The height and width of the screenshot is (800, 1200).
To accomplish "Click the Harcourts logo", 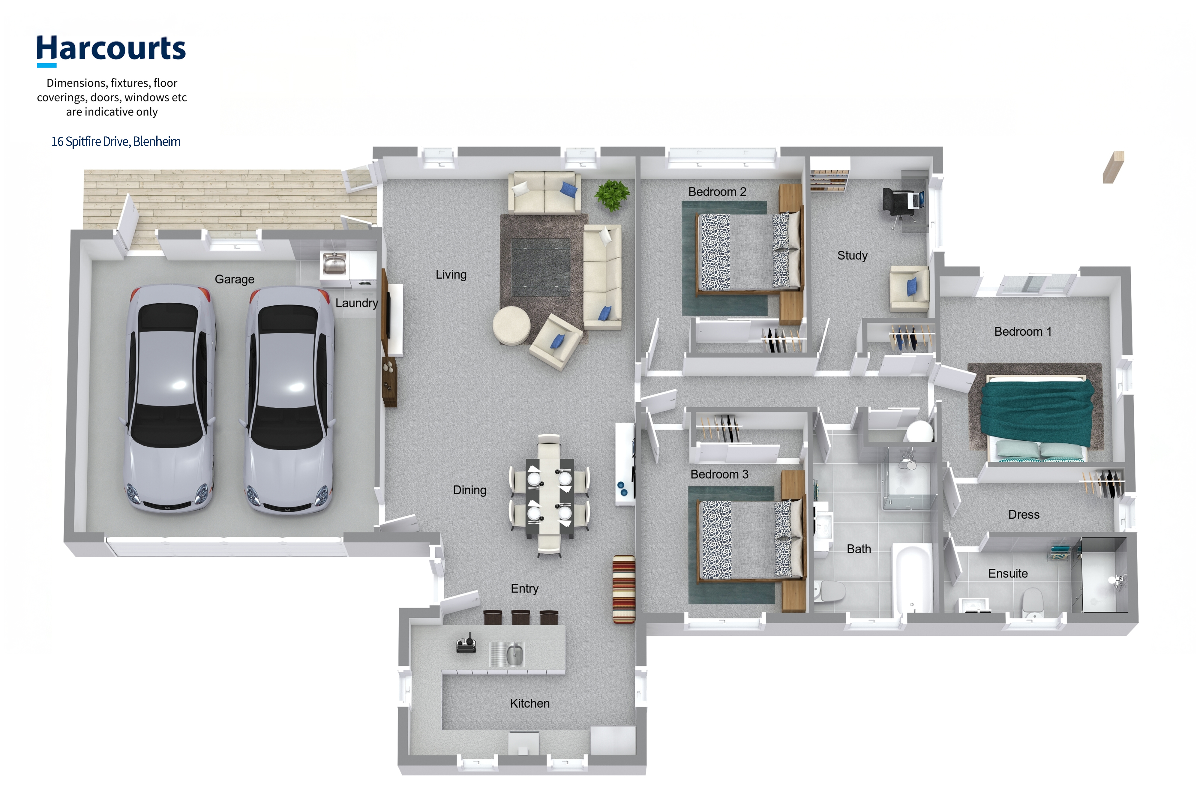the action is [111, 50].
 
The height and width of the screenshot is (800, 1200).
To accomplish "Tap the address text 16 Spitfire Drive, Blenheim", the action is [116, 141].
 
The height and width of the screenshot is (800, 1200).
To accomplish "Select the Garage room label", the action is [234, 279].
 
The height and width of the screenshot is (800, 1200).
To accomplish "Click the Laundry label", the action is [357, 303].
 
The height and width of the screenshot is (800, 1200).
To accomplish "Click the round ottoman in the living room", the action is [511, 325].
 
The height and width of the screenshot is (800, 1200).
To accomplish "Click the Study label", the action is [852, 256].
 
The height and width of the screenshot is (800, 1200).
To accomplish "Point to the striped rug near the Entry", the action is [623, 589].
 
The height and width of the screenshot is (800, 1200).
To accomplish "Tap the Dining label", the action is [469, 490].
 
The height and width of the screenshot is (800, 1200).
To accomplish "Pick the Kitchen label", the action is [529, 704].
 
